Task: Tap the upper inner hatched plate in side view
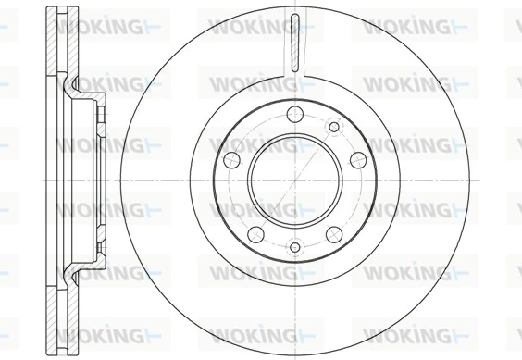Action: point(68,46)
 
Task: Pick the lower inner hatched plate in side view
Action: point(68,315)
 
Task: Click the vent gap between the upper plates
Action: point(58,46)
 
